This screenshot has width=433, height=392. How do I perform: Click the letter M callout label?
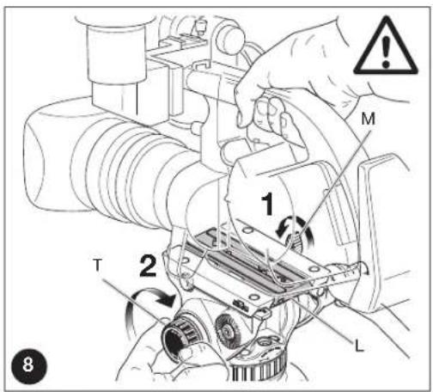coord(368,119)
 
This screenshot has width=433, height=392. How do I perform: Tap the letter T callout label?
coord(98,265)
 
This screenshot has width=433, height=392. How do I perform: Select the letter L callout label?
coord(359,346)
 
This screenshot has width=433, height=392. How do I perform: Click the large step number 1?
coord(268,204)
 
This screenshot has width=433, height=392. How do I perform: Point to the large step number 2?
coord(149,266)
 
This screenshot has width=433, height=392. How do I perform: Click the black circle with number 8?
coord(28,365)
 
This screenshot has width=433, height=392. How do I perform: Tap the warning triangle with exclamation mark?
coord(386,46)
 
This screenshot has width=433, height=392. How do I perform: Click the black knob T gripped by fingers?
coord(178,334)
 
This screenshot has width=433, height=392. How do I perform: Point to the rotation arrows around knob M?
coord(295,230)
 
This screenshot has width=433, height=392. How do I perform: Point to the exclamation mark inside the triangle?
coord(386,51)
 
